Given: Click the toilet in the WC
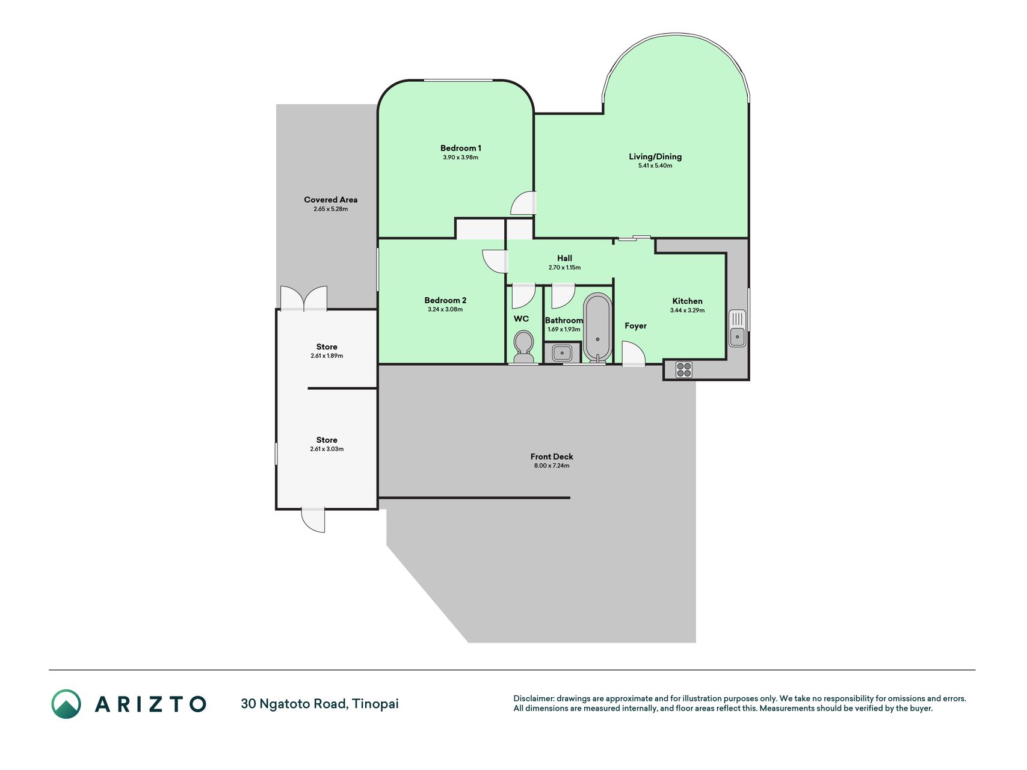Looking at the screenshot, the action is [x=523, y=346].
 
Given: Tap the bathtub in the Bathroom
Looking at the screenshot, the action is [x=597, y=328].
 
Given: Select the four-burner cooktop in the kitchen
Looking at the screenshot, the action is [x=683, y=369].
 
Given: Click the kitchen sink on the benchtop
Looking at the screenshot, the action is [x=737, y=328].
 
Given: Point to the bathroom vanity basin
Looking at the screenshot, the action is [x=562, y=353].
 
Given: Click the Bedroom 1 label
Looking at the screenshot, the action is [x=461, y=148].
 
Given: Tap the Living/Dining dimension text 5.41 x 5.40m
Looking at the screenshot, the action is [x=655, y=165].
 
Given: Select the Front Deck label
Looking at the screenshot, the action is [x=552, y=457].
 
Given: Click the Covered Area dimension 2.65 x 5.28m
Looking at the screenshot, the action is [x=330, y=209].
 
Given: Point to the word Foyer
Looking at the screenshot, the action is [x=635, y=326].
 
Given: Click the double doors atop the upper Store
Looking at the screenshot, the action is [x=304, y=298].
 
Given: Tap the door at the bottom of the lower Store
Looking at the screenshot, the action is [x=313, y=520].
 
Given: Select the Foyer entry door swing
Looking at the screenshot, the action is [x=633, y=354].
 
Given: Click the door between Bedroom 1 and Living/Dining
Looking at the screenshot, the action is [x=523, y=203].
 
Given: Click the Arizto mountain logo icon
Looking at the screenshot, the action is [x=66, y=704].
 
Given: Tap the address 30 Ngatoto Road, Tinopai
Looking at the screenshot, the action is [x=319, y=704].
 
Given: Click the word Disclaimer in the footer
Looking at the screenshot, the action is [x=534, y=698].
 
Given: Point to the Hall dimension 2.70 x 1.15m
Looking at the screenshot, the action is [x=564, y=268].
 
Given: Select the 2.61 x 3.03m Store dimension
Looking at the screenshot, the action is [x=327, y=449].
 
